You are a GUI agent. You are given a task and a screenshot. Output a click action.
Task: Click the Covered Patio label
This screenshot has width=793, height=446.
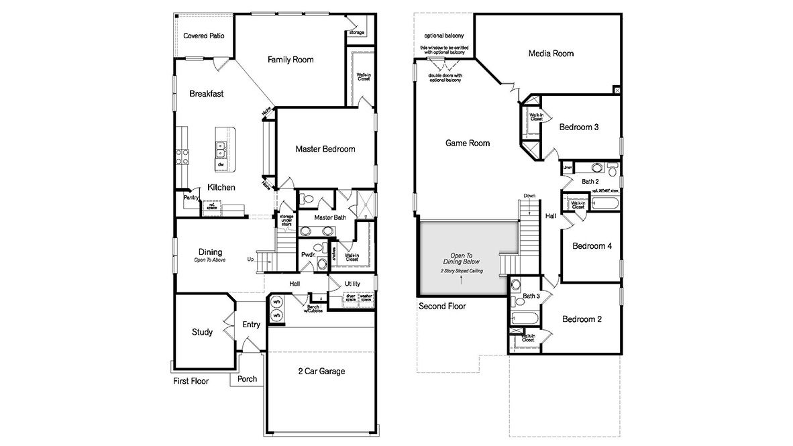[x=204, y=36]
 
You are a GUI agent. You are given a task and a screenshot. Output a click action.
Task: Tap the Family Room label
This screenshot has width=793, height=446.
[x=290, y=60]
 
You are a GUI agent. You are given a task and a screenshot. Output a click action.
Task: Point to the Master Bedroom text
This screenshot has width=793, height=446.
[x=325, y=149]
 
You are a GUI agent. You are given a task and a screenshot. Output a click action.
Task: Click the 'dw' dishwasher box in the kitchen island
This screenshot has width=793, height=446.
[x=221, y=164]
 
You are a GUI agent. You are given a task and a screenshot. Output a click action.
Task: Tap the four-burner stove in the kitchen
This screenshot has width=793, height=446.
[x=181, y=156]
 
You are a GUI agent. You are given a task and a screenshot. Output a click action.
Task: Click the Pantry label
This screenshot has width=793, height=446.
[x=191, y=199]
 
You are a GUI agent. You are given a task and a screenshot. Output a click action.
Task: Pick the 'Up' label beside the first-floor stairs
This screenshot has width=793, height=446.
[x=251, y=259]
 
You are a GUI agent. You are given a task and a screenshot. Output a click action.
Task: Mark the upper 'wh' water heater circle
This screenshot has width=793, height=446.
[x=276, y=301]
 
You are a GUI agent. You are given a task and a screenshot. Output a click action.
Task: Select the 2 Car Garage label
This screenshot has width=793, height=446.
[x=322, y=371]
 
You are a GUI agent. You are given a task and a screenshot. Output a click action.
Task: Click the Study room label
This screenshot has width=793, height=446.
[x=202, y=332]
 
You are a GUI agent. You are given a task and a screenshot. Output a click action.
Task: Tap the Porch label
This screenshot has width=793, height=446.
[x=247, y=379]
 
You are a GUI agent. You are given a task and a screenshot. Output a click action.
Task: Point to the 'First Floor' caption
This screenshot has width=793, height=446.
[x=191, y=381]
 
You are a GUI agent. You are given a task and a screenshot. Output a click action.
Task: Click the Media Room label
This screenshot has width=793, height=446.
[x=551, y=54]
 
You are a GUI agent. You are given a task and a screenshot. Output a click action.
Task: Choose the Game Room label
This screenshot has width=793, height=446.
[x=468, y=143]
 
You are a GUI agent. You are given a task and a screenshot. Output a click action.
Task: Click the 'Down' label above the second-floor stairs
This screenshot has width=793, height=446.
[x=529, y=196]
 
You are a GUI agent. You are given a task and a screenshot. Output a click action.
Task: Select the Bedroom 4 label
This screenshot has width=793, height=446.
[x=592, y=246]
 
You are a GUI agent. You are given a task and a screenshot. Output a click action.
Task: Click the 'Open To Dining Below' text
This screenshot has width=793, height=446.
[x=461, y=259]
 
